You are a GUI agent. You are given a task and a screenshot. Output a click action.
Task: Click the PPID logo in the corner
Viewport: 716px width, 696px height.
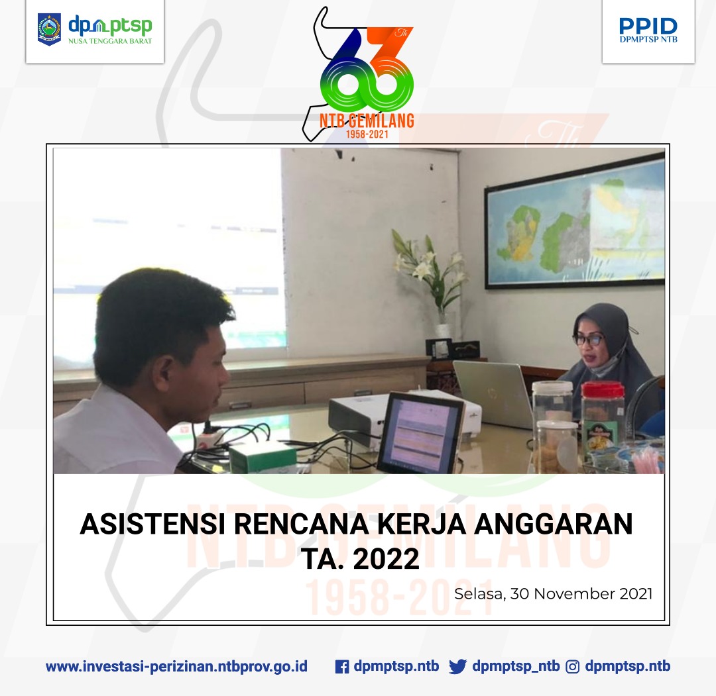pos(648,30)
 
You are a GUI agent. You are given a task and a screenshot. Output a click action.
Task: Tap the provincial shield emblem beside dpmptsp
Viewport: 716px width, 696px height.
pos(49,30)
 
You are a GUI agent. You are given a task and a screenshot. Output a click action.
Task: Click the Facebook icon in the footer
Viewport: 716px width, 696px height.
pos(342,667)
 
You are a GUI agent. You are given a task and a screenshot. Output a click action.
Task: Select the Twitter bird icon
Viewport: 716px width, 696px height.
pos(457,667)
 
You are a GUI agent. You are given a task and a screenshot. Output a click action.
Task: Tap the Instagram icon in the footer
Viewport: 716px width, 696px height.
pos(573,667)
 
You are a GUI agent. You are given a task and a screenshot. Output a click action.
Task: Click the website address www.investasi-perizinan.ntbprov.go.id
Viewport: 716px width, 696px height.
pos(177,667)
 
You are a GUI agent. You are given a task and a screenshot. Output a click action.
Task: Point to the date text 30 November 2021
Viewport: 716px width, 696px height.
pos(581,593)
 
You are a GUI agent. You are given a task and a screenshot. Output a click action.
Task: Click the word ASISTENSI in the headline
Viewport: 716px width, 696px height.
pos(152,524)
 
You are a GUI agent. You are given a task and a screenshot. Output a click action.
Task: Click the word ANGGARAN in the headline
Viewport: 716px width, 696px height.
pos(554,524)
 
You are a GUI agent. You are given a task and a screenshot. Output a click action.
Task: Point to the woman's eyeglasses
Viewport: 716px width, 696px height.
pos(588,340)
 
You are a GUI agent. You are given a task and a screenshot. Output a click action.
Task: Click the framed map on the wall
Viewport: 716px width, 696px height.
pos(574,221)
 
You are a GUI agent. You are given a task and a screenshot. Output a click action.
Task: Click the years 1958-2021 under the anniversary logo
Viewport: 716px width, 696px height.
pos(367,134)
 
